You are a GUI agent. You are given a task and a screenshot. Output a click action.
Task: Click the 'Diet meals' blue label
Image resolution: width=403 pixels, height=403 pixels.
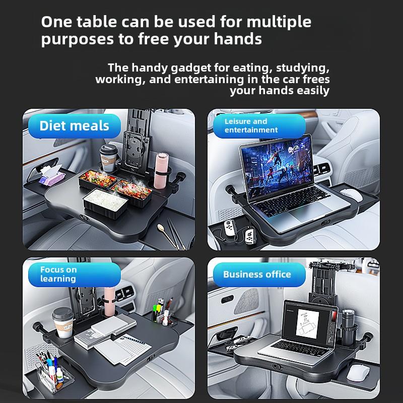(75, 126)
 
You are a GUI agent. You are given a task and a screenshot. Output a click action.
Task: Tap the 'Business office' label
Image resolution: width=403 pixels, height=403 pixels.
(259, 275)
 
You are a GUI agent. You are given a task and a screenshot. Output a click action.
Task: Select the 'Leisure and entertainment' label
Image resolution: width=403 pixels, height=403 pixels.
(259, 126)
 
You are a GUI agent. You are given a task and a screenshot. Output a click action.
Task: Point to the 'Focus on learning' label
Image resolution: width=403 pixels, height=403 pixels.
(75, 275)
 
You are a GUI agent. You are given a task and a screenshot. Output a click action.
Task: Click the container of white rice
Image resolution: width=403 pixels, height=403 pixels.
(105, 203)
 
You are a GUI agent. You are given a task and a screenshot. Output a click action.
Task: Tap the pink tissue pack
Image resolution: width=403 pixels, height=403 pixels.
(52, 176)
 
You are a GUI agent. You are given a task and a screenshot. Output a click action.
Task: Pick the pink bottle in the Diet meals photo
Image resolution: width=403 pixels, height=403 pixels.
(161, 171)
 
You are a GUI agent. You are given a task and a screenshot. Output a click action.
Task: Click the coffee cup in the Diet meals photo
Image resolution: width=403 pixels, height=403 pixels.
(108, 158)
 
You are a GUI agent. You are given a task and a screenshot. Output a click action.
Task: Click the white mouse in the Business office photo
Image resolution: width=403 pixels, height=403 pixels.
(358, 373)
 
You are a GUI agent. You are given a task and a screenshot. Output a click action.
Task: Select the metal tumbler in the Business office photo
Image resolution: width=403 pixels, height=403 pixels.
(348, 326)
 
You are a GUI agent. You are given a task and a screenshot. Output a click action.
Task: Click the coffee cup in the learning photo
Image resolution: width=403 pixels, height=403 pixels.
(63, 322)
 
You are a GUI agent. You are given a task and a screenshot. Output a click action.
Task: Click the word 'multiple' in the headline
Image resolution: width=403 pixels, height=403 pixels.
(279, 22)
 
